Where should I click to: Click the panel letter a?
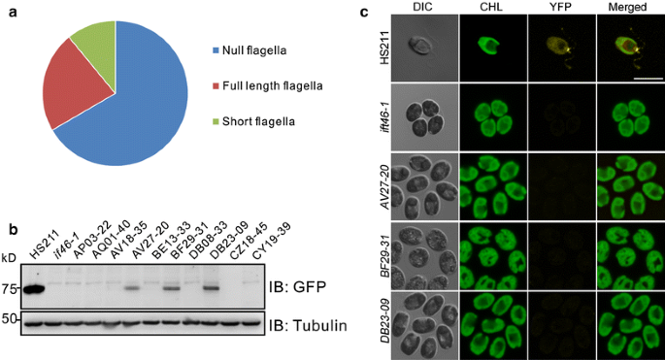click(11, 13)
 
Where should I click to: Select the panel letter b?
click(12, 229)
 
